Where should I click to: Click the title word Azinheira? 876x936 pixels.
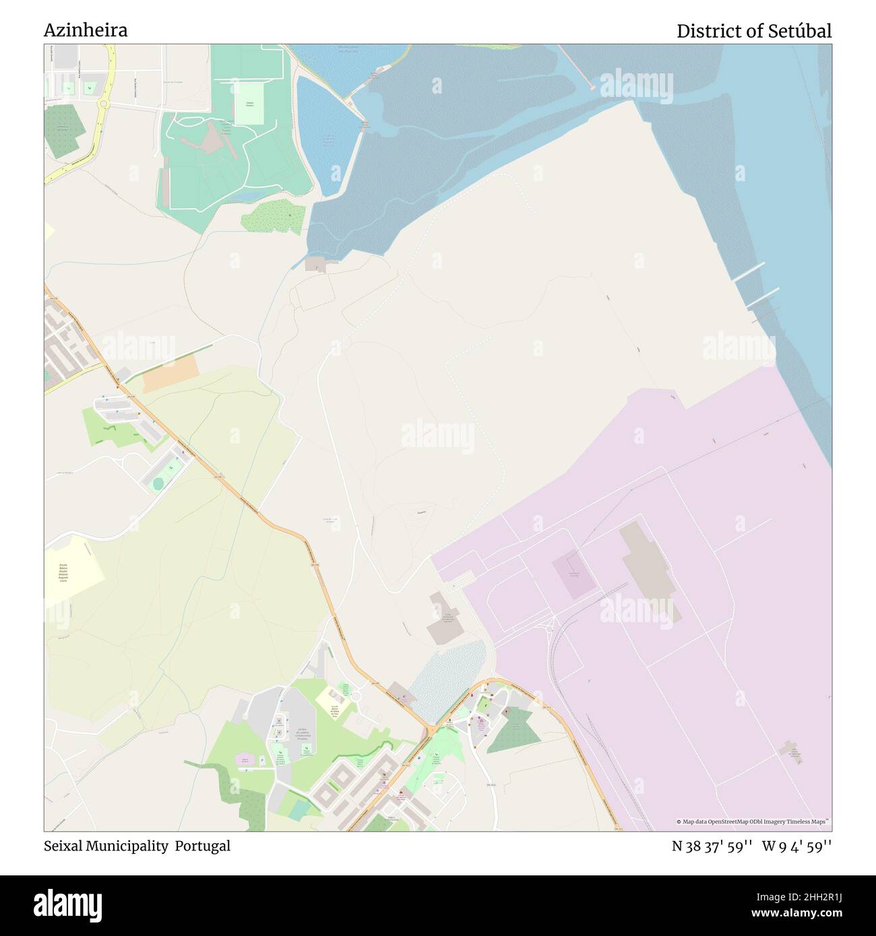tap(86, 30)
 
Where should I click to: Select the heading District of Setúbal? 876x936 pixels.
tap(753, 31)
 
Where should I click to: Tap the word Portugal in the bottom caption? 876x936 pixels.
tap(203, 846)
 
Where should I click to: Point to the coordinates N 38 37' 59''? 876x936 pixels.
tap(712, 846)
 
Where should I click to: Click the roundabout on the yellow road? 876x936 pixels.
tap(103, 104)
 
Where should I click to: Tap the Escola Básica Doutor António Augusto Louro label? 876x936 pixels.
tap(63, 575)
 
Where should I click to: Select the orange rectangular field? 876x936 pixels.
tap(171, 372)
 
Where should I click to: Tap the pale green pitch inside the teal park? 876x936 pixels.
tap(249, 108)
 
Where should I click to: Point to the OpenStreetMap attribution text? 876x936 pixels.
tap(753, 822)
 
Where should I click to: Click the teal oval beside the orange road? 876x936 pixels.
tap(158, 483)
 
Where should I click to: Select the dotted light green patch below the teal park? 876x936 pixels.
tap(273, 216)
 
